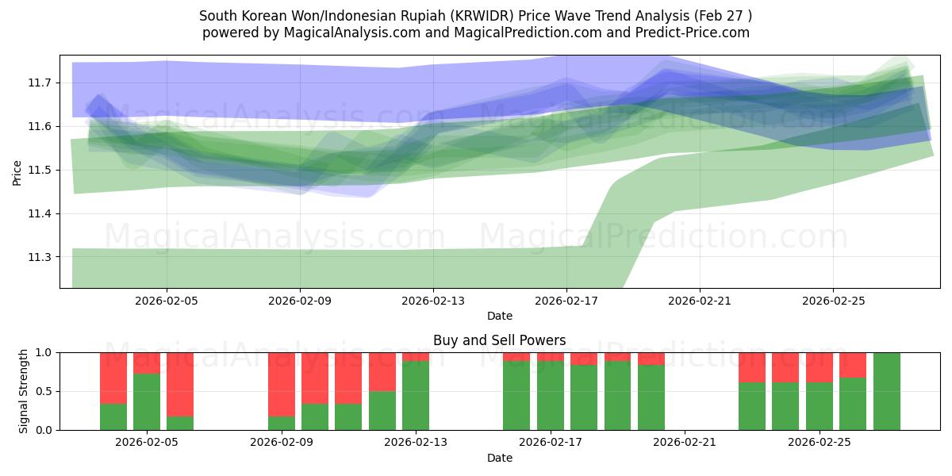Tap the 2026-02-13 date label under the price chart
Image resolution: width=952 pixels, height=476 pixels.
tap(433, 301)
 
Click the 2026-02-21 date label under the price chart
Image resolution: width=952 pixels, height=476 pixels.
tap(700, 301)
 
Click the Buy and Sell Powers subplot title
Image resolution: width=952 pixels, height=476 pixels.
tap(499, 340)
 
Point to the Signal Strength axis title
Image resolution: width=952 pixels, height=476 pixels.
tap(24, 390)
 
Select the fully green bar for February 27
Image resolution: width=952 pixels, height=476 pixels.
tap(886, 391)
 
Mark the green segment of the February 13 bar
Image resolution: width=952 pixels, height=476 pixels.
tap(416, 396)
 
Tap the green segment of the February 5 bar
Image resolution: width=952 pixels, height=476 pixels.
tap(147, 401)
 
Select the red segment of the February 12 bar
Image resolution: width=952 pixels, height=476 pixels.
tap(382, 371)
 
